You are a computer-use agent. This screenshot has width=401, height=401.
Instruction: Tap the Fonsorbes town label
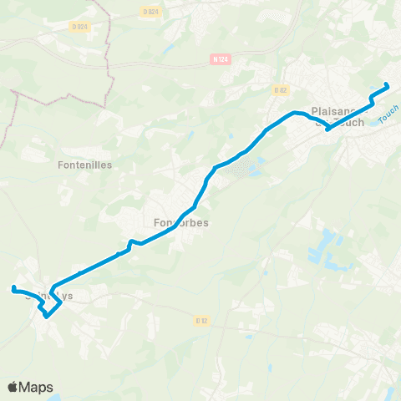pyautogui.click(x=181, y=223)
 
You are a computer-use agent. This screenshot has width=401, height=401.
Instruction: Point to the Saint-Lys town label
pyautogui.click(x=50, y=295)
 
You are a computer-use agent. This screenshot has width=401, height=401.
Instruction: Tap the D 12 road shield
pyautogui.click(x=200, y=319)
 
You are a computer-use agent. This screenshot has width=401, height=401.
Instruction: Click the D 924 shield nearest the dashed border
pyautogui.click(x=80, y=27)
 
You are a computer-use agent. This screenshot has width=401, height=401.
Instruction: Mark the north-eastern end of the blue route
pyautogui.click(x=387, y=86)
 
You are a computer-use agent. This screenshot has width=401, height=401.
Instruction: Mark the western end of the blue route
pyautogui.click(x=13, y=289)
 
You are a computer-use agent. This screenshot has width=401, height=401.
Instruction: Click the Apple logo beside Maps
pyautogui.click(x=13, y=387)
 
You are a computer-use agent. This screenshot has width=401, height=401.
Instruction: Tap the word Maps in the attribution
pyautogui.click(x=36, y=387)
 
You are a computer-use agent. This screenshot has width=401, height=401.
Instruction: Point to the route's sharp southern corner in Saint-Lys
pyautogui.click(x=48, y=316)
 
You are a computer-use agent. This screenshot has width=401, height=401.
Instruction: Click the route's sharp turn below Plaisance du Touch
pyautogui.click(x=327, y=129)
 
